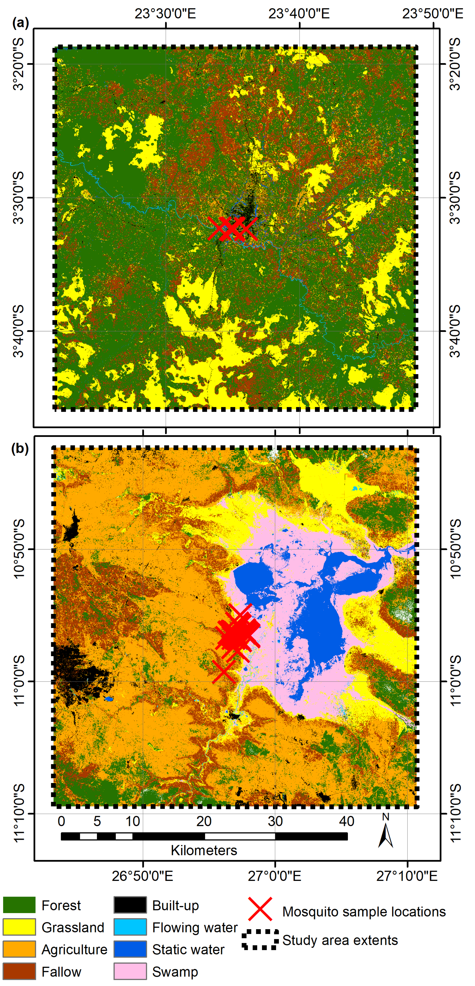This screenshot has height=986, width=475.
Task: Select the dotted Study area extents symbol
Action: coord(260,940)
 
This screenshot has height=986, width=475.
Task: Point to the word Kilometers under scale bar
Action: coord(204,850)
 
